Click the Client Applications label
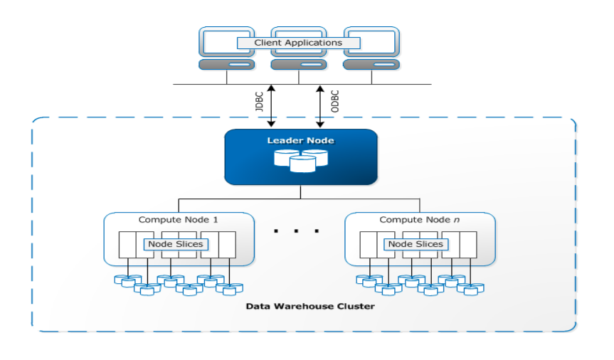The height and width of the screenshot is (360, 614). [x=299, y=43]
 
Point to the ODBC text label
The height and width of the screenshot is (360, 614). [x=335, y=100]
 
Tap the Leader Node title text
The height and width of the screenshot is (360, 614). [x=300, y=141]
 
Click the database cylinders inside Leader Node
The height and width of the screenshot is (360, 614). [x=300, y=160]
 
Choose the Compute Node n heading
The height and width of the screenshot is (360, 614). [x=418, y=220]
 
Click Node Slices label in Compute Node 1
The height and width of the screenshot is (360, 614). [x=175, y=244]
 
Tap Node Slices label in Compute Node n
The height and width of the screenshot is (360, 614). [x=415, y=244]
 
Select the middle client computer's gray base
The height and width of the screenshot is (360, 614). [x=300, y=65]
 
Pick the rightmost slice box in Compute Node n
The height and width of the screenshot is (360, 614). [x=468, y=244]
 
